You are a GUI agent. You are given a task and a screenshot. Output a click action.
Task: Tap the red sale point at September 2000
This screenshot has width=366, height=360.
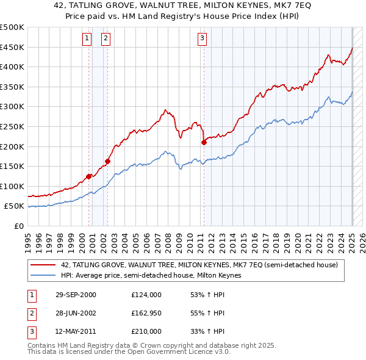click(x=88, y=176)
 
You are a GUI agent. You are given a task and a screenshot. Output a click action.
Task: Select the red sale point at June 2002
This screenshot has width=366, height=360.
click(x=107, y=162)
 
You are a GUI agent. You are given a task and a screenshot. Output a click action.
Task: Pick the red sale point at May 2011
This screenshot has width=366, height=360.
click(x=204, y=142)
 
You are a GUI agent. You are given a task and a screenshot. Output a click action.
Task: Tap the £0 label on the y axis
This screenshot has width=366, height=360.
click(x=20, y=226)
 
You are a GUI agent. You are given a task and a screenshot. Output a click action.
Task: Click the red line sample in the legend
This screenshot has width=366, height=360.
click(x=43, y=265)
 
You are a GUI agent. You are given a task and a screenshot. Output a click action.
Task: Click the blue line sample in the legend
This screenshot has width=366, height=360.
click(x=43, y=275)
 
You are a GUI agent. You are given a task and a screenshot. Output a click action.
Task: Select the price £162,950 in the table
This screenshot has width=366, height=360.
click(x=146, y=313)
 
